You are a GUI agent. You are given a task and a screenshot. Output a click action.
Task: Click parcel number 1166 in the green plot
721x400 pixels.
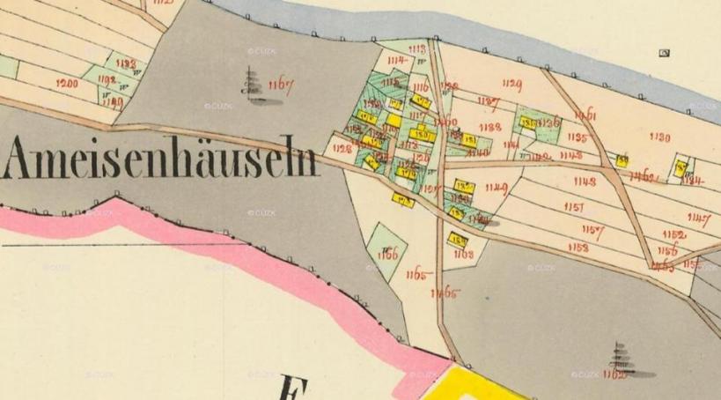click(x=386, y=255)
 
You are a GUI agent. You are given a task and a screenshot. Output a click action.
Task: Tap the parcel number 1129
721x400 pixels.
click(x=511, y=85)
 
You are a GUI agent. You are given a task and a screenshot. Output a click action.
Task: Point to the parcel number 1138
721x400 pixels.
click(x=490, y=127)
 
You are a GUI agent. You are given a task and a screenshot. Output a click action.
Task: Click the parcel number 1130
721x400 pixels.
click(x=659, y=137)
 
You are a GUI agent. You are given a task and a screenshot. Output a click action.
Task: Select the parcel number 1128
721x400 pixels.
click(x=343, y=150)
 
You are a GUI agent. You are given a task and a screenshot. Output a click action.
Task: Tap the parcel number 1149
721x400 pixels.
click(x=497, y=187)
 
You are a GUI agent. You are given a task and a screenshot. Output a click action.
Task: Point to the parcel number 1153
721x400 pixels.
click(x=578, y=248)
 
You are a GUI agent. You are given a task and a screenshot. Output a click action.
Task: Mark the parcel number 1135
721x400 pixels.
click(x=578, y=137)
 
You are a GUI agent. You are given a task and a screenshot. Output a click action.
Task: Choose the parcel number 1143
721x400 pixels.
click(x=584, y=181)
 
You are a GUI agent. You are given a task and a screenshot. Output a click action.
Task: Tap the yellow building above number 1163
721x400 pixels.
click(x=457, y=239)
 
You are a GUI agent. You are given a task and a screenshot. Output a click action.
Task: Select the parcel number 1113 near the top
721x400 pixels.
click(x=417, y=49)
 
